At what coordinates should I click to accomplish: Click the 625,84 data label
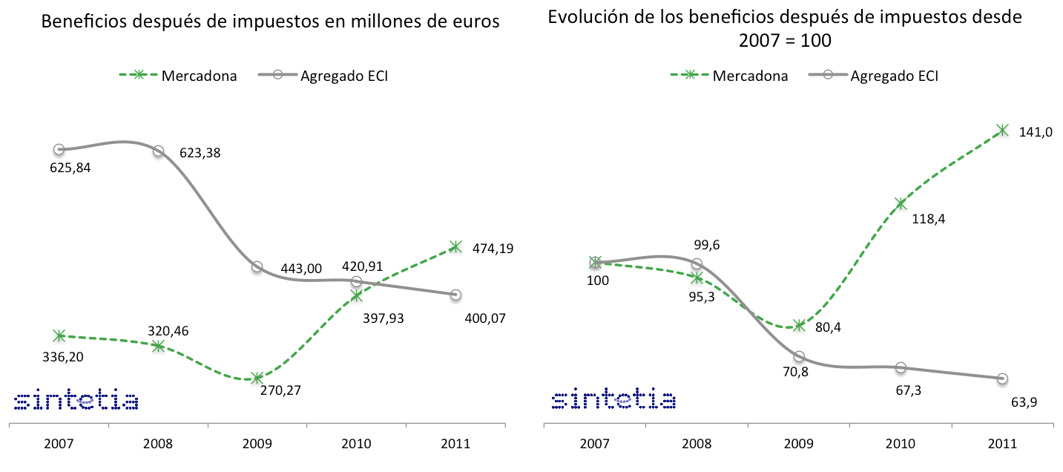(65, 168)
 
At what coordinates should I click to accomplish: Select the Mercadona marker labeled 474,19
(455, 247)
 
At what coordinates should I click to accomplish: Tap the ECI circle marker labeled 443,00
(257, 266)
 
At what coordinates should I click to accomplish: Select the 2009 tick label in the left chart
(257, 445)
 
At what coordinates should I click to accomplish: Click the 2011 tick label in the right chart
(1003, 445)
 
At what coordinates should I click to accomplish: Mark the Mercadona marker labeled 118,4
(901, 203)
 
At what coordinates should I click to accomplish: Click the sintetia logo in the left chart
(76, 400)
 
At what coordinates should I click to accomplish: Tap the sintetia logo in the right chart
(613, 400)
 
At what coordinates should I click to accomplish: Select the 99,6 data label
(705, 244)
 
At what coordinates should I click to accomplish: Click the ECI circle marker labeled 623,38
(158, 151)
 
